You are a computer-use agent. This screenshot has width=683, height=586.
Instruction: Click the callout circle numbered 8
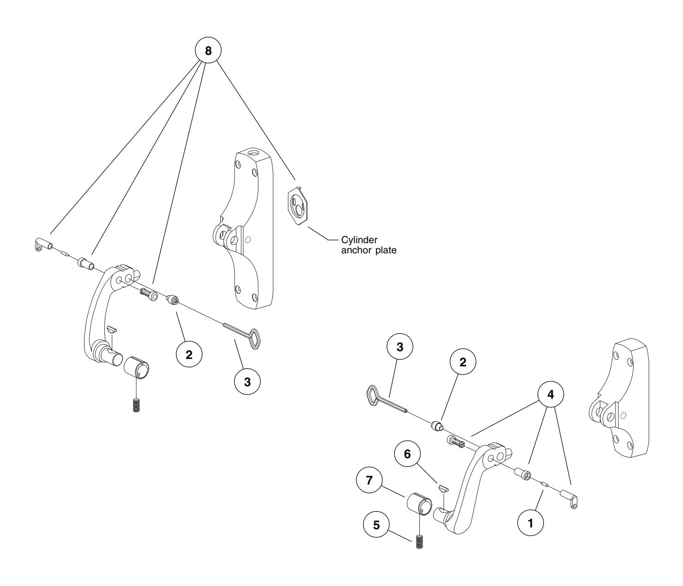pos(208,51)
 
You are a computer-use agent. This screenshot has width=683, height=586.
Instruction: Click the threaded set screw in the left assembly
pos(136,405)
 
